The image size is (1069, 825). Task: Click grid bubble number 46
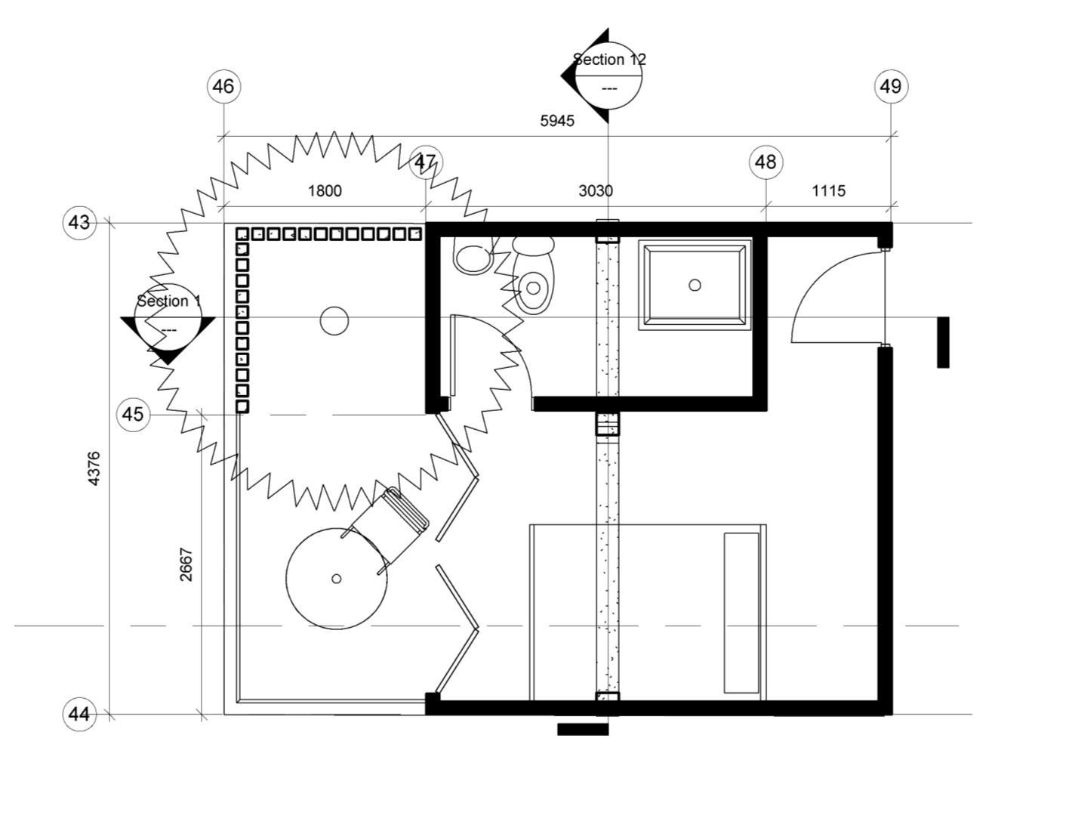pos(223,86)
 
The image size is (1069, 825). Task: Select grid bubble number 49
pos(891,86)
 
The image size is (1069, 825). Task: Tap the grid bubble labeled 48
pos(766,162)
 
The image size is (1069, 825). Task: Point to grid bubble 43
pos(79,223)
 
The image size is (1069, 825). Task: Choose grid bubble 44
pos(79,714)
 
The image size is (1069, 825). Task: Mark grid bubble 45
pos(133,415)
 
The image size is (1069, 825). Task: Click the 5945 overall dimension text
pos(557,120)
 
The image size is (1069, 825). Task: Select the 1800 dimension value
pos(325,190)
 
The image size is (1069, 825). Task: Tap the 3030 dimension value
pos(596,190)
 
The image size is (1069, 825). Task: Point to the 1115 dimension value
pos(828,190)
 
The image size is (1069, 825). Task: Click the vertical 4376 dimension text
pos(94,468)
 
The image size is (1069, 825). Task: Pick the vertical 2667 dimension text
pos(186,564)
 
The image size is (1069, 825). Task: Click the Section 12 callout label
pos(609,60)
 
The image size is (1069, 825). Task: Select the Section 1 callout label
pos(168,301)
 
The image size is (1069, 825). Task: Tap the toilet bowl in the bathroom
pos(534,288)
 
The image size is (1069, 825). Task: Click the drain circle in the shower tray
pos(695,285)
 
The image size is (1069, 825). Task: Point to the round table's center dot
pos(337,579)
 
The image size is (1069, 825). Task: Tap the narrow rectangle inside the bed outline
pos(741,613)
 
